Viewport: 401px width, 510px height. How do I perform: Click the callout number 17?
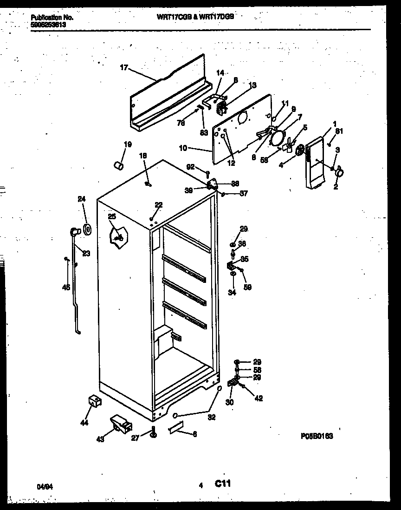(123, 68)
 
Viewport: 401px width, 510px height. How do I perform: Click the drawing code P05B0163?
(317, 436)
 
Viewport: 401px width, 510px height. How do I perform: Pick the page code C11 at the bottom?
(223, 484)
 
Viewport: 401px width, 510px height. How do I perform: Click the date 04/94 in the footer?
(44, 487)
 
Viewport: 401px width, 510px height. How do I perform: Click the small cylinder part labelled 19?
(119, 165)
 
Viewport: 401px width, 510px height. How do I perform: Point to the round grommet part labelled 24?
(86, 229)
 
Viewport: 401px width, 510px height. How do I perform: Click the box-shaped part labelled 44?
(95, 401)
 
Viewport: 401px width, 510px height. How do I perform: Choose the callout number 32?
(212, 417)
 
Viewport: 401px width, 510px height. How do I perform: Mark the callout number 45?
(66, 288)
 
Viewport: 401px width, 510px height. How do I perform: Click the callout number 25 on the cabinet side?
(112, 216)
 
